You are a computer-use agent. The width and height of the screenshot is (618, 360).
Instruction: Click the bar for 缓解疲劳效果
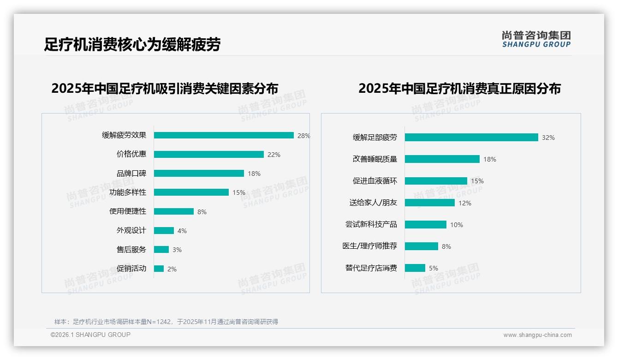coord(224,135)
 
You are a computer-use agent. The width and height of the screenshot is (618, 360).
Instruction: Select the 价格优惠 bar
coord(209,155)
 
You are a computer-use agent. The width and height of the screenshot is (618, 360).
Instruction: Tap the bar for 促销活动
coord(159,269)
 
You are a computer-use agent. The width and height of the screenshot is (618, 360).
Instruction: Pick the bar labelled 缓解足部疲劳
coord(471,138)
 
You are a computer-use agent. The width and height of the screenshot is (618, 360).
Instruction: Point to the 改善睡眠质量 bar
coord(442,159)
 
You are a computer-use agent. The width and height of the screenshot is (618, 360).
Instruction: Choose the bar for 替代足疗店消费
coord(415,268)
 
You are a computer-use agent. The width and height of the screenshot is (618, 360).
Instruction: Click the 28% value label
coord(303,136)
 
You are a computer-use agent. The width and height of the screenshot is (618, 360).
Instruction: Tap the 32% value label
coord(548,138)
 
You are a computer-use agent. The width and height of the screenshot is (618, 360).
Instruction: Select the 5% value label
coord(434,268)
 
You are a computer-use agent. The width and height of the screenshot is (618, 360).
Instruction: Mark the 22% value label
coord(274,155)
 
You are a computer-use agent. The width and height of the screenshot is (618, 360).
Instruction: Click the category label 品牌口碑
coord(131,174)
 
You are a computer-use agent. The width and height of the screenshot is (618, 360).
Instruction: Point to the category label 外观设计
coord(131,230)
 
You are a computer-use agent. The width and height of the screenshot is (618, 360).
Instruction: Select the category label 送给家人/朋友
coord(373,203)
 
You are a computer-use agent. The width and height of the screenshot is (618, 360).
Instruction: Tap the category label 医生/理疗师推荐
coord(369,246)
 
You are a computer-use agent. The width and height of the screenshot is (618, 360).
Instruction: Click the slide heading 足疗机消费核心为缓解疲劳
coord(132,45)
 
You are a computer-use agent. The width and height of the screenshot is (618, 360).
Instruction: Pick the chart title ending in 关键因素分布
coord(165,89)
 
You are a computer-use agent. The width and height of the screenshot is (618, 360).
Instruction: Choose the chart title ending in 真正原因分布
coord(459,89)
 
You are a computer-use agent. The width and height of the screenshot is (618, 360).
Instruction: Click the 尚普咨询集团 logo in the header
coord(536,39)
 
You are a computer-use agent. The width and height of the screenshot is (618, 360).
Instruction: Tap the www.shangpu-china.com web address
coord(537,335)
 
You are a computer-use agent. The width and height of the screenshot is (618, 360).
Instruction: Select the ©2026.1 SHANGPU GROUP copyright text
coord(90,335)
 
